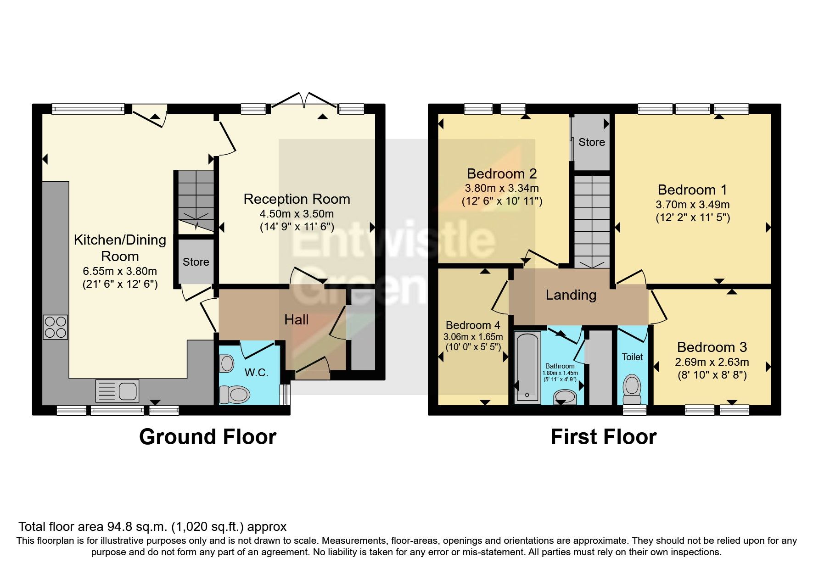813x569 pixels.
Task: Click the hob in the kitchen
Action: pos(56,327)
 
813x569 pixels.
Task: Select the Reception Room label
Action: pos(297,199)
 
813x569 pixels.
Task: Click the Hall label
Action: pos(296,320)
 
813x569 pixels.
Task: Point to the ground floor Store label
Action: pos(196,262)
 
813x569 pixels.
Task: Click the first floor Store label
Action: pos(591,142)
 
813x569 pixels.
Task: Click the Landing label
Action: pos(571,295)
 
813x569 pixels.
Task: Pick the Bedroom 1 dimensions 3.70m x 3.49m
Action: pos(692,205)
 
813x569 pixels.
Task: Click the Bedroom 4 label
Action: pos(473,325)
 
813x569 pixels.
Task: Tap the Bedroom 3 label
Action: pos(712,347)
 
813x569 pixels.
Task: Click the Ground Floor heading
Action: pos(207,436)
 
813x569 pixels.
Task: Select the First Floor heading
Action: pos(603,436)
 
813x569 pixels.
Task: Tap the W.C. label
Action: pos(256,373)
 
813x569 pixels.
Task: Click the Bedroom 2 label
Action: pos(501,174)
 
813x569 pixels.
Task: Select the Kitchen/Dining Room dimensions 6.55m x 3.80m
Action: pos(120,271)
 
